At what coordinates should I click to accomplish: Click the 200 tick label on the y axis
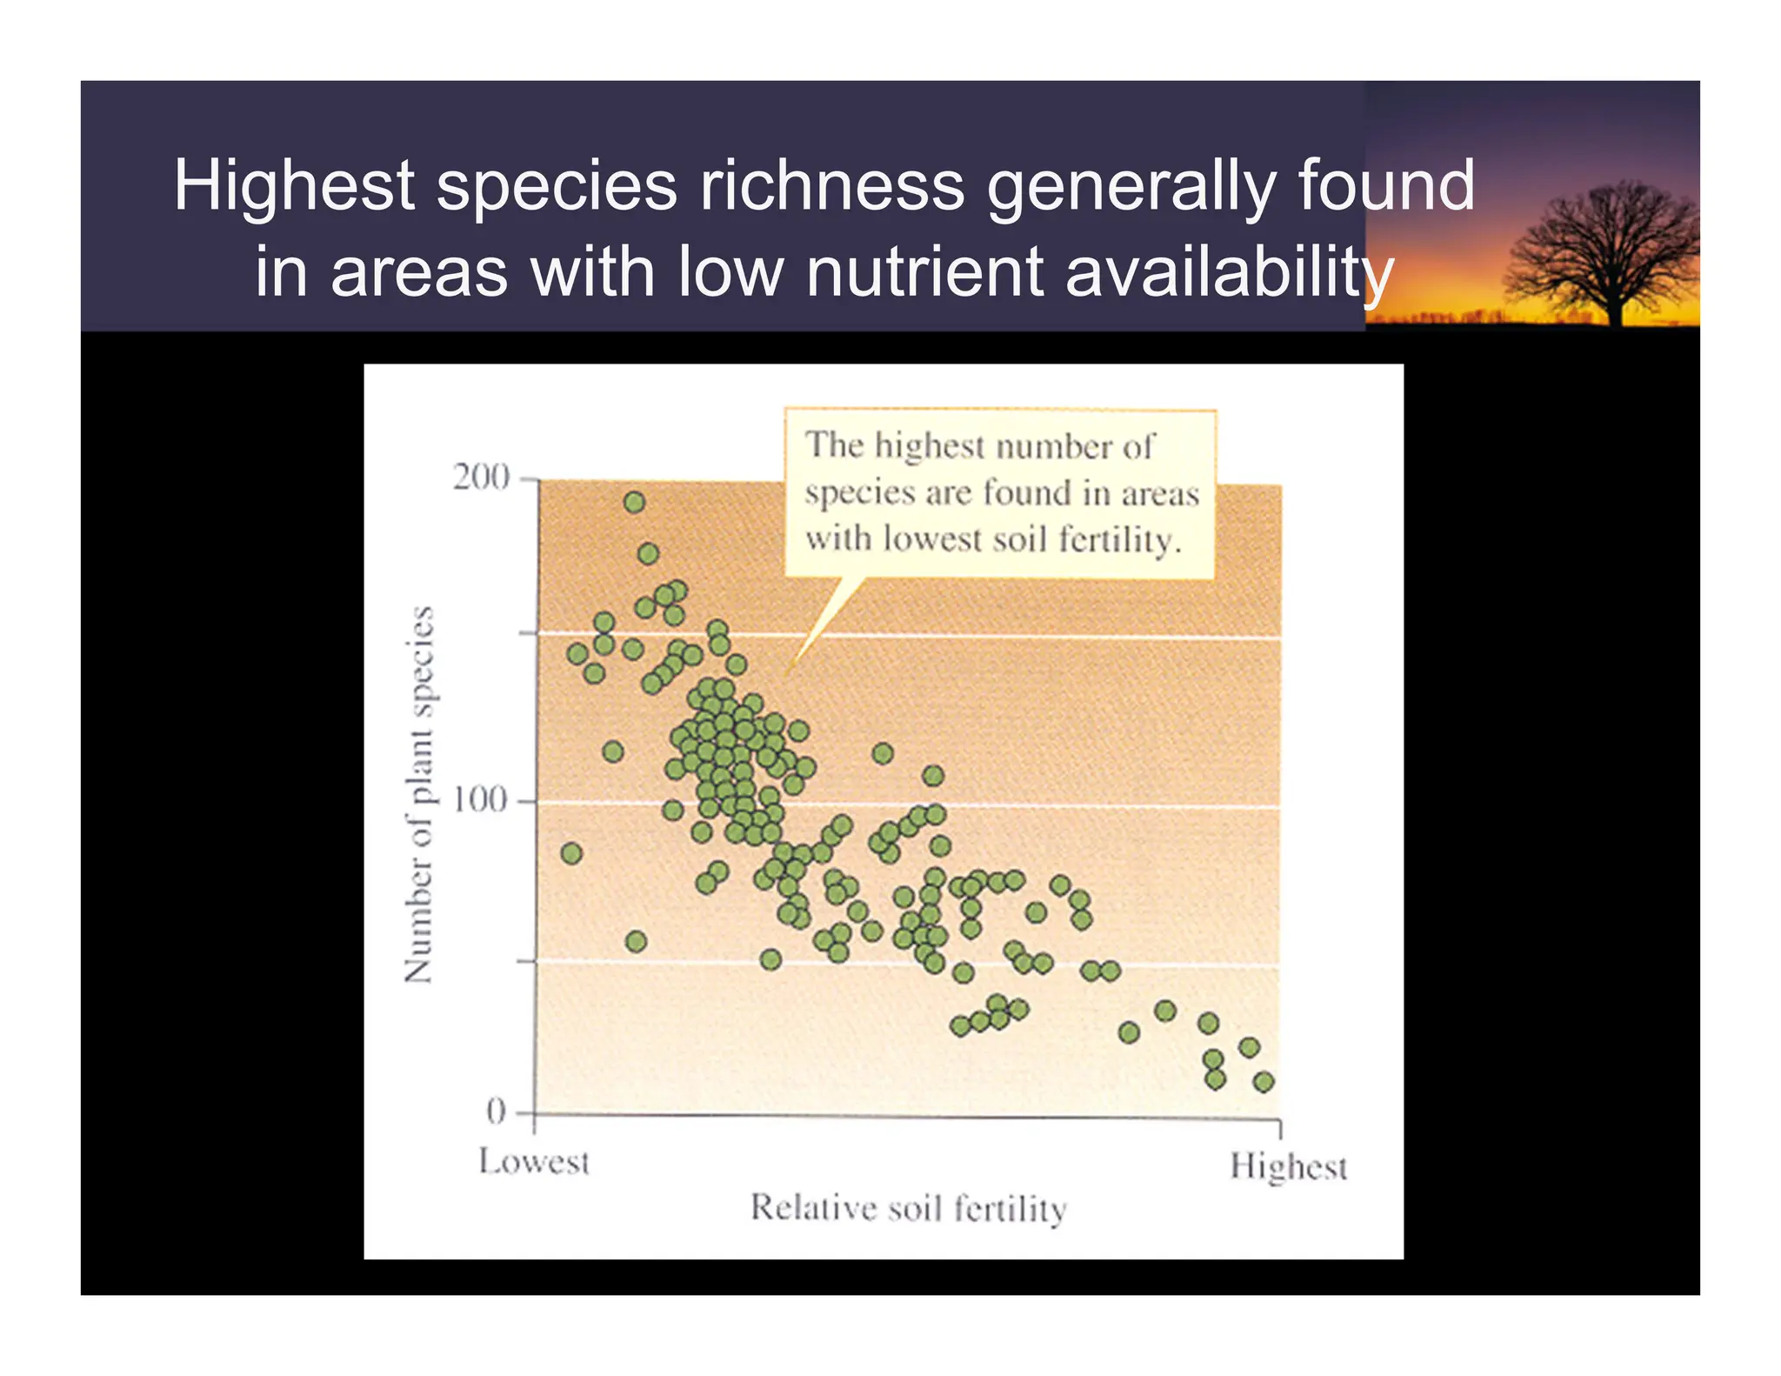[x=480, y=478]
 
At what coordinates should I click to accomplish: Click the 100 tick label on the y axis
[x=479, y=799]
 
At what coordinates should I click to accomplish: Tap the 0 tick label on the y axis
[x=496, y=1112]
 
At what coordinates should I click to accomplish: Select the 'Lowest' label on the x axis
[x=534, y=1162]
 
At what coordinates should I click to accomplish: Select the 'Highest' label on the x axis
[x=1288, y=1167]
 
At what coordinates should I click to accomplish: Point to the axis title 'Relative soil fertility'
[x=908, y=1208]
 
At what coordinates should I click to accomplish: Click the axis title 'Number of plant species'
[x=418, y=795]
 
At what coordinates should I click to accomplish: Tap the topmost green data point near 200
[x=635, y=502]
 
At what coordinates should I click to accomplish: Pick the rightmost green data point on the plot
[x=1264, y=1082]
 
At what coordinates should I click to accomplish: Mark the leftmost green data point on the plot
[x=571, y=853]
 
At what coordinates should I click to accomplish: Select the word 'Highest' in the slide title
[x=294, y=185]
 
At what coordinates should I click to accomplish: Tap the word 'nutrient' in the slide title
[x=924, y=271]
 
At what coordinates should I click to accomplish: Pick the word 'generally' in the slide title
[x=1129, y=187]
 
